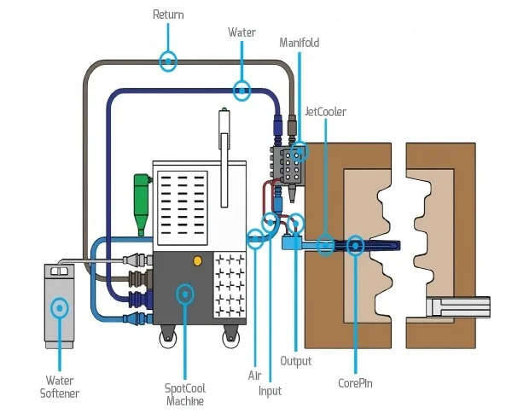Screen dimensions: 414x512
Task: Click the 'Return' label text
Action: (x=168, y=15)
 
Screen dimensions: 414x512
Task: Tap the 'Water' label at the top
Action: (x=241, y=32)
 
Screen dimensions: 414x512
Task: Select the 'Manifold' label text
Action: (x=300, y=42)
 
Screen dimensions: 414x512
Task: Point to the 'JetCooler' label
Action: (x=325, y=112)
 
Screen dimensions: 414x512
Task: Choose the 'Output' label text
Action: (x=296, y=361)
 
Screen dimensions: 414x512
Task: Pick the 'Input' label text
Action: (x=270, y=391)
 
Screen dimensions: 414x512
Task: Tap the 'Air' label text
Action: (x=254, y=375)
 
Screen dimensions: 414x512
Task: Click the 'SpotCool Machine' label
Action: (x=184, y=394)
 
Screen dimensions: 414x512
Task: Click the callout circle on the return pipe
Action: (x=169, y=61)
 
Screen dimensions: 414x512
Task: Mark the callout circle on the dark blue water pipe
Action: (x=241, y=88)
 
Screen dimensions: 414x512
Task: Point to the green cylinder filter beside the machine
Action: (x=142, y=200)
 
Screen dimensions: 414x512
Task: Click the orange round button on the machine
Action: (x=198, y=259)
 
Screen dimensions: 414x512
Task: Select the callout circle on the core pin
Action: (x=355, y=246)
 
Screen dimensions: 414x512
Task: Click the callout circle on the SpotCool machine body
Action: (x=184, y=294)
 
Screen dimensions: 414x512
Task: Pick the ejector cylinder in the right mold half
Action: (x=460, y=305)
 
